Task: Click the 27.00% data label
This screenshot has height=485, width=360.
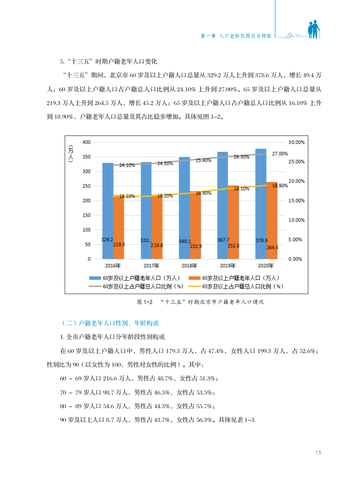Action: [280, 154]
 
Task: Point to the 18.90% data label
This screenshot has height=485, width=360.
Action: [280, 186]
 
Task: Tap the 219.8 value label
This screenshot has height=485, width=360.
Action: [157, 245]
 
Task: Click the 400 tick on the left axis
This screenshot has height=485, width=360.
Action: [86, 142]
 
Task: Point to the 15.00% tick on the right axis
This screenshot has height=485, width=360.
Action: [296, 201]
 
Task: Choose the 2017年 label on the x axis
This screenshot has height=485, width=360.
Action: [151, 266]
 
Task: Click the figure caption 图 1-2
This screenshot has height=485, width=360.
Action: [144, 302]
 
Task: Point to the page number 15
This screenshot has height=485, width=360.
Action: [318, 452]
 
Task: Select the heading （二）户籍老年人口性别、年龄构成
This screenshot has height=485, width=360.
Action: [109, 323]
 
